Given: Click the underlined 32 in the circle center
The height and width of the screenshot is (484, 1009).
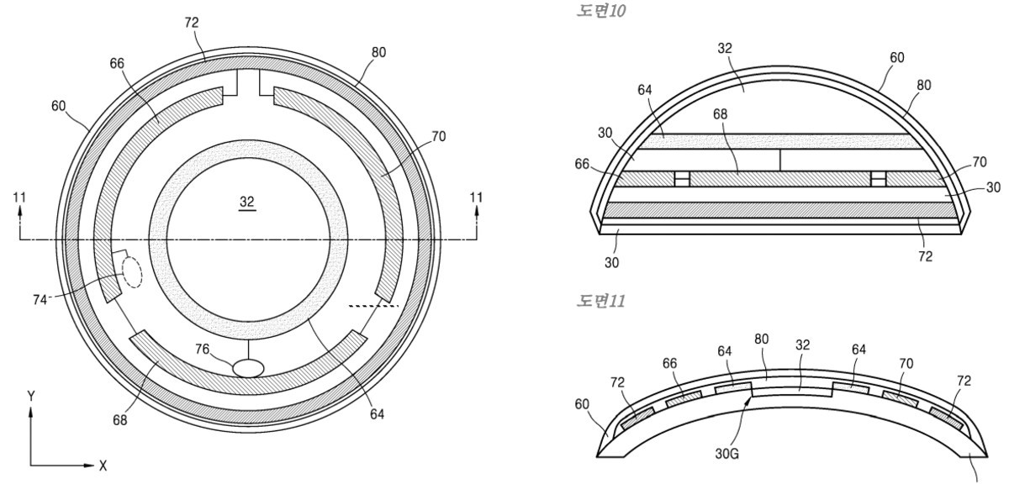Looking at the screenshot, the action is (247, 202).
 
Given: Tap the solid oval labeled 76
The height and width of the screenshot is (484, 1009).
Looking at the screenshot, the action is (248, 368).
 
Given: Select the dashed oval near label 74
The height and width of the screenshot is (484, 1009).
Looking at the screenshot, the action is (132, 272).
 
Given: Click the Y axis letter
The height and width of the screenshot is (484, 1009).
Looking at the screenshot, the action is (30, 397).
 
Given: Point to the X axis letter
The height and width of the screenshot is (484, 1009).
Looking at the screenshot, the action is (103, 466).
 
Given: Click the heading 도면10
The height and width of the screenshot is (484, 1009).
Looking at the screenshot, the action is (601, 11).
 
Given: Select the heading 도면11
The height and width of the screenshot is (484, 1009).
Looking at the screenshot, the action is (601, 301).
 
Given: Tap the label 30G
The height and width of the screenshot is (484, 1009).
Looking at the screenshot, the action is (726, 454).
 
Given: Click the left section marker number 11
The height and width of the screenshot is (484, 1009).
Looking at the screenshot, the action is (19, 197).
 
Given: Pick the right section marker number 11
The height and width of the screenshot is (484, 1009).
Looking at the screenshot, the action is (476, 197).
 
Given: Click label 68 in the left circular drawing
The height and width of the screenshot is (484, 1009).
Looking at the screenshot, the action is (119, 420).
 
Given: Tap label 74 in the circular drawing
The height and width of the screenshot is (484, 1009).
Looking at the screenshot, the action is (40, 299).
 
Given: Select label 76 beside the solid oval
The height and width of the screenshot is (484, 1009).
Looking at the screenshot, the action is (203, 349).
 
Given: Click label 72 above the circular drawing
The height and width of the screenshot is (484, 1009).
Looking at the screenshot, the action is (192, 23).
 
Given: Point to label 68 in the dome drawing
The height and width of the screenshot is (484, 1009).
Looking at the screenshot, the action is (720, 114).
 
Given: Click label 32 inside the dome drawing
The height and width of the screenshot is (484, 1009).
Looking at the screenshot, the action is (725, 48).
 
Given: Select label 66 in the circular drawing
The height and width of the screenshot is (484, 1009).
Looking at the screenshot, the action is (117, 64).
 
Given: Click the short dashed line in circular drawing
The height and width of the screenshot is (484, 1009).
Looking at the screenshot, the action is (374, 306).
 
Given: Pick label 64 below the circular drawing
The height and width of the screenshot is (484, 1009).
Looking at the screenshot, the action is (377, 414).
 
